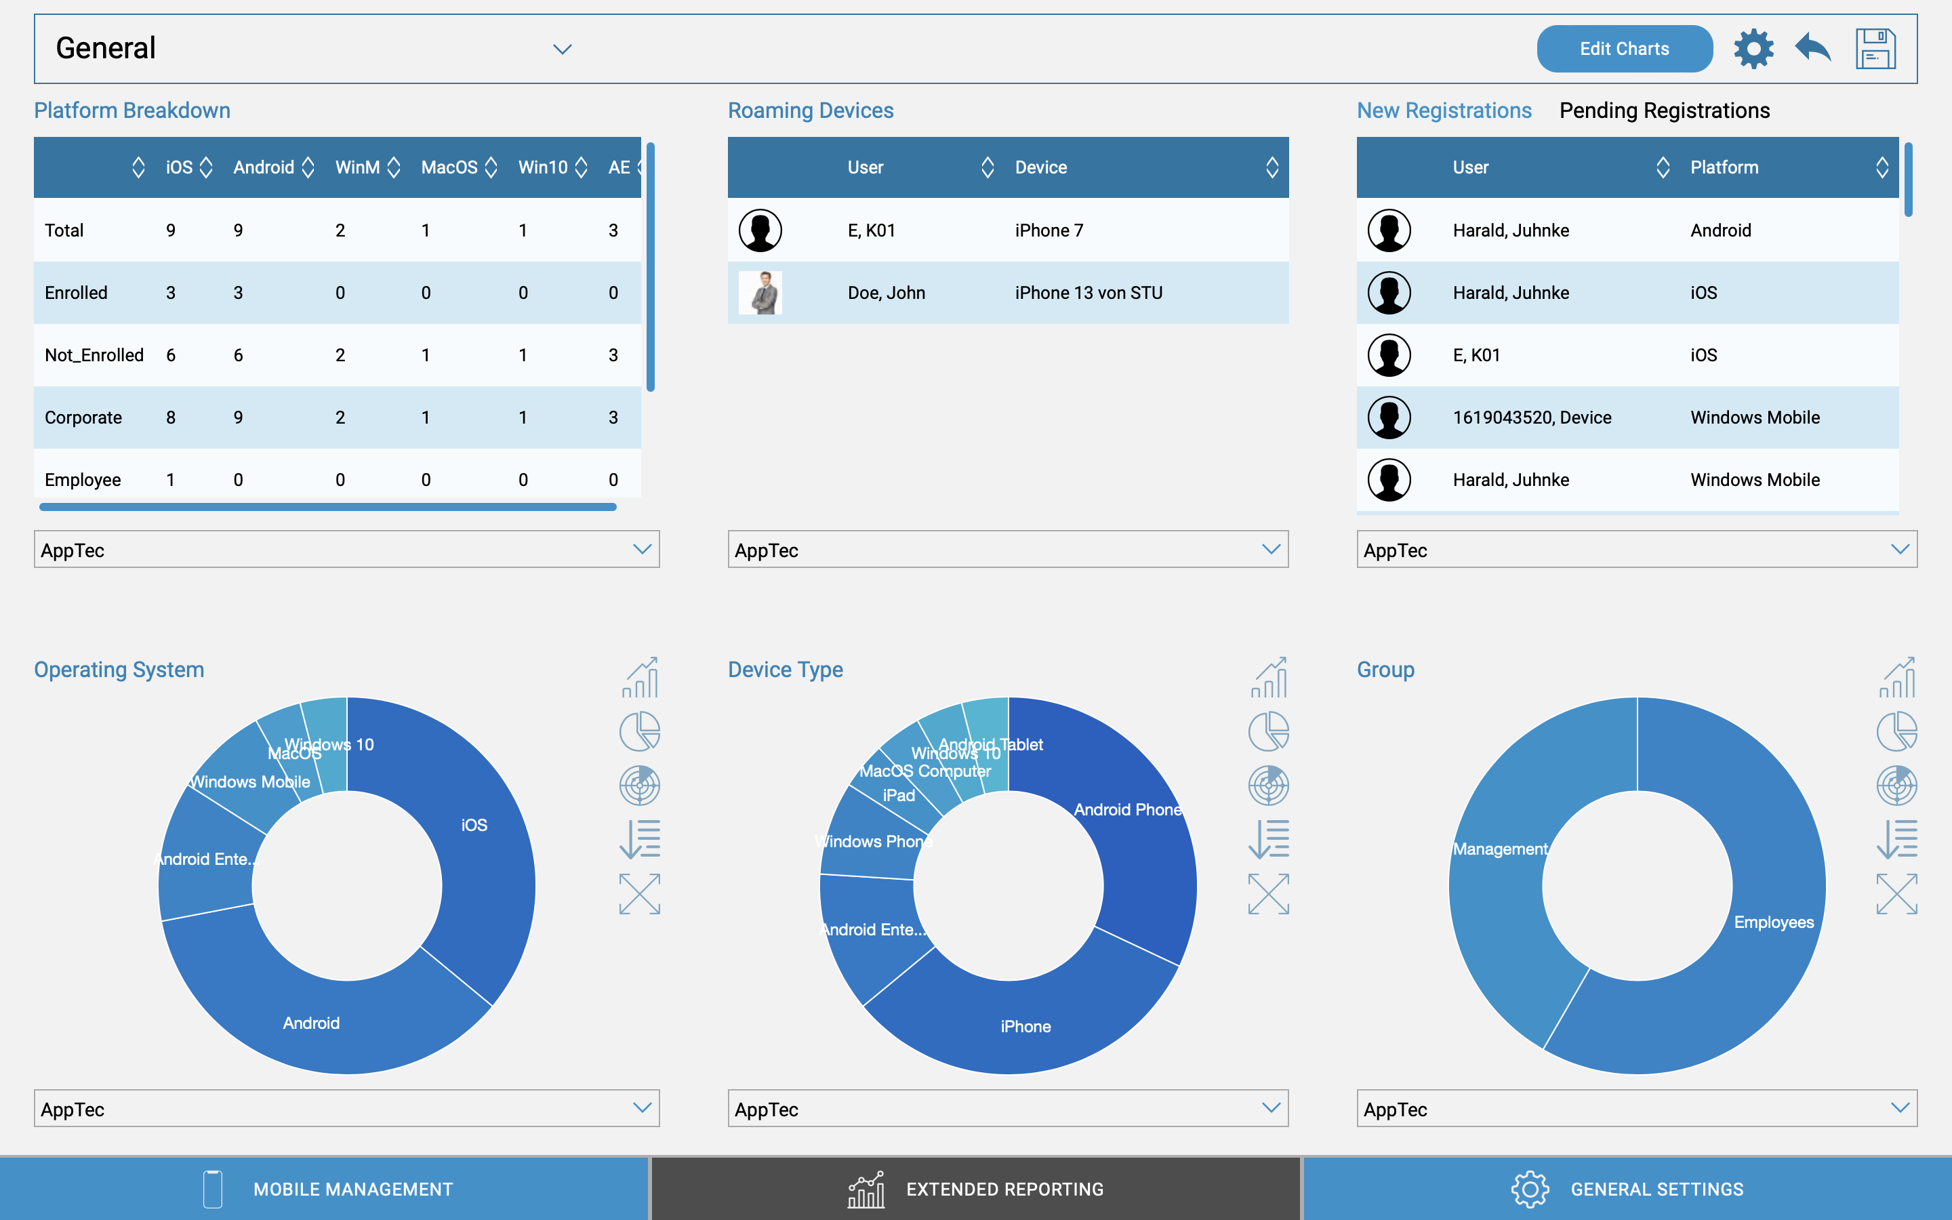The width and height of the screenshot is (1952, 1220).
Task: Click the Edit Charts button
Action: (x=1624, y=49)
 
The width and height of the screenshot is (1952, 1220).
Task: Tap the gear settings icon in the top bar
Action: (x=1753, y=49)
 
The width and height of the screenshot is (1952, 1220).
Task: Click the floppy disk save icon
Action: (x=1875, y=49)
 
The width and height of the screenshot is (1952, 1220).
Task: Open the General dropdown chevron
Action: (x=562, y=49)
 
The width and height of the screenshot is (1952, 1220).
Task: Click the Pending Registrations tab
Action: (x=1664, y=110)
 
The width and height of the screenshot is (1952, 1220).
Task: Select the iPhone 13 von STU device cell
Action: (x=1088, y=293)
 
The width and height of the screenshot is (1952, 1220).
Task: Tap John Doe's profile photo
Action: (x=760, y=293)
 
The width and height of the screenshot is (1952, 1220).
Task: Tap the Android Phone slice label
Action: (x=1127, y=810)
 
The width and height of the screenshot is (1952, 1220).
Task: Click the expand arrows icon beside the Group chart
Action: (x=1896, y=894)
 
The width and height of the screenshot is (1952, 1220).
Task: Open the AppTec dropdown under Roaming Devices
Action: (x=1007, y=550)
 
